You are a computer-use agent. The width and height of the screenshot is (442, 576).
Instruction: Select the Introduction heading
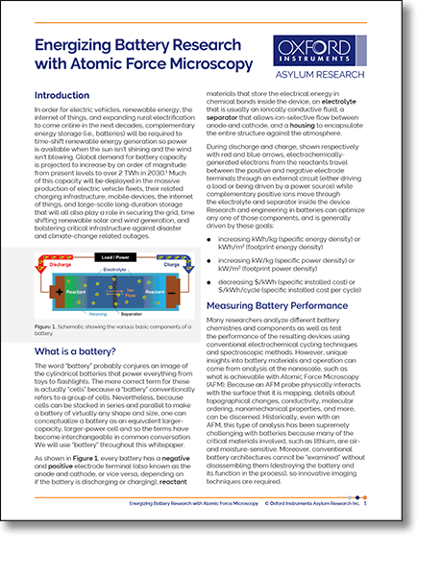[61, 96]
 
